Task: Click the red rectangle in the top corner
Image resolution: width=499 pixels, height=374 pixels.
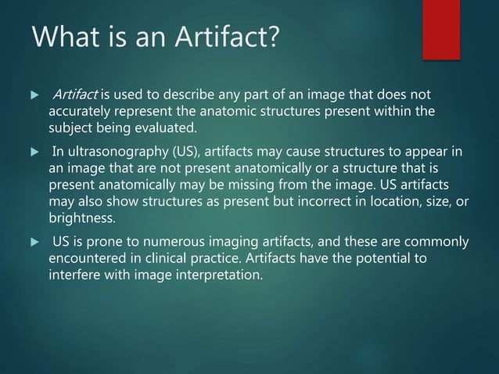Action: tap(441, 28)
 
